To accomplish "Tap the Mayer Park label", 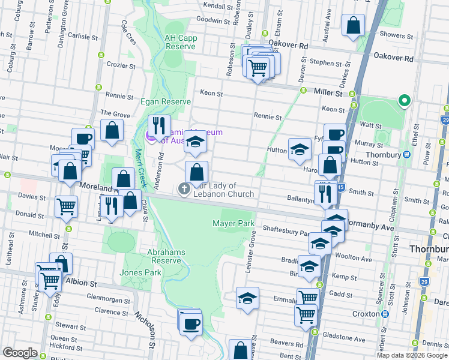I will tap(234, 224).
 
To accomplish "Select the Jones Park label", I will tap(140, 272).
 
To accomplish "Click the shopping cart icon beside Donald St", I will tap(66, 206).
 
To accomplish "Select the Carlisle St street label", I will tap(83, 37).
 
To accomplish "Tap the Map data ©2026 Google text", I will tap(412, 355).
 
